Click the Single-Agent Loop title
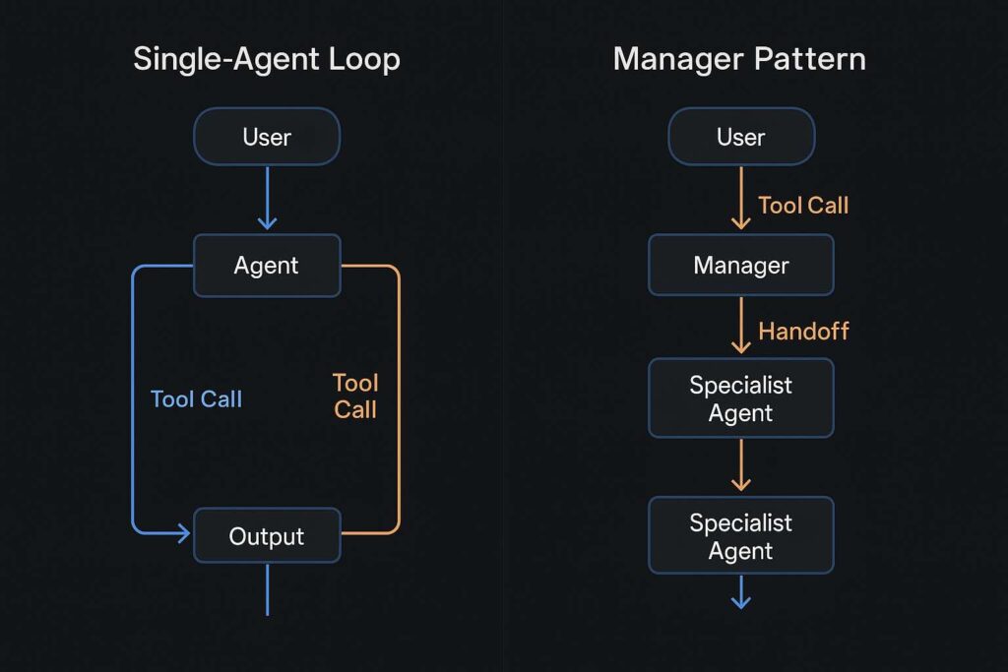[x=266, y=59]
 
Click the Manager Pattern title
[x=739, y=59]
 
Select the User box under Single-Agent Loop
[x=267, y=136]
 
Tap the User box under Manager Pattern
[x=741, y=136]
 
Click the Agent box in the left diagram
[x=267, y=265]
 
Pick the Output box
[x=267, y=536]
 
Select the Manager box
[x=741, y=265]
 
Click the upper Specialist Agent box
[x=741, y=398]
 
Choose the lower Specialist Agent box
[x=741, y=536]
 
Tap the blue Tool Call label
[x=196, y=398]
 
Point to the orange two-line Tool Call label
[x=355, y=397]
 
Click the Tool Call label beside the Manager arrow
[x=803, y=205]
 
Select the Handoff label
[x=803, y=332]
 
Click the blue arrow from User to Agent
[x=267, y=197]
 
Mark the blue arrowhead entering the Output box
[x=181, y=534]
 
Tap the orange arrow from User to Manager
[x=741, y=197]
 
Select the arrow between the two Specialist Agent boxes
[x=741, y=465]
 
